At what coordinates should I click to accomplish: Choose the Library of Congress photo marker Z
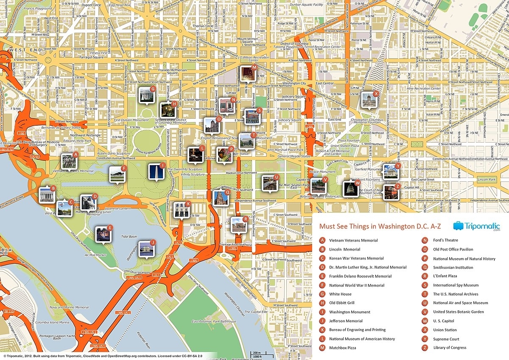click(x=390, y=192)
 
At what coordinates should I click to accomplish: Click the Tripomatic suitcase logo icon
click(x=458, y=226)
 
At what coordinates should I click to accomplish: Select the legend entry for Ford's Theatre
click(x=445, y=240)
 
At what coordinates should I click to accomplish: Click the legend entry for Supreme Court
click(x=446, y=339)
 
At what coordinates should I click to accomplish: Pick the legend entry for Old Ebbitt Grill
click(x=341, y=303)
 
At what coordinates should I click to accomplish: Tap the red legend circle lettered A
click(x=322, y=240)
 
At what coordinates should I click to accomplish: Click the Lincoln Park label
click(x=486, y=180)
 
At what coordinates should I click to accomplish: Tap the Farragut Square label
click(x=92, y=57)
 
